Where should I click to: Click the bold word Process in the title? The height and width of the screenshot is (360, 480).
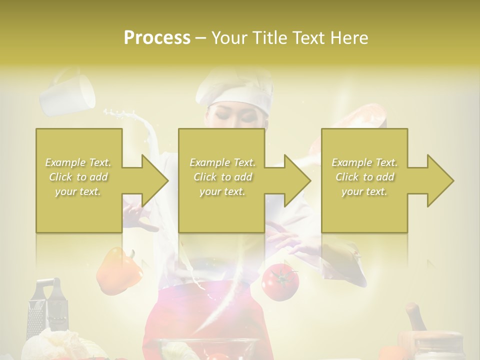(157, 37)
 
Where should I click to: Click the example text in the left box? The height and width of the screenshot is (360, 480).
(78, 176)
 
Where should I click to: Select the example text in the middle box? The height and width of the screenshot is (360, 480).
(222, 176)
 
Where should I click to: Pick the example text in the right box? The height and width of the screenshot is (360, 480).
(364, 176)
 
